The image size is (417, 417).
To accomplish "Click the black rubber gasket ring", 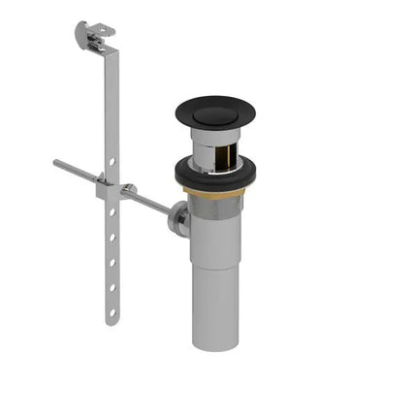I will point(215,176).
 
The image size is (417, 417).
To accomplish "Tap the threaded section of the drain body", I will point(215,206).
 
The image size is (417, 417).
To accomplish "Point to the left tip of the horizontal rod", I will point(57,162).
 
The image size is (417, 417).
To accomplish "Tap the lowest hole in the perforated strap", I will point(112,313).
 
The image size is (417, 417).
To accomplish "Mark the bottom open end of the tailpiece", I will point(215,344).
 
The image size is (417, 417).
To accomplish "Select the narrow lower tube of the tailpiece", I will point(215,305).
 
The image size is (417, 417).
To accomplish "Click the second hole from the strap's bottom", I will point(112,288).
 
